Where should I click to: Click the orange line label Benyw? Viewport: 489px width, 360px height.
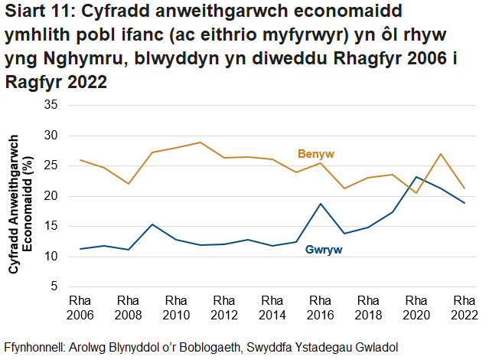(316, 155)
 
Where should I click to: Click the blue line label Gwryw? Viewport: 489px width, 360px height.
(323, 250)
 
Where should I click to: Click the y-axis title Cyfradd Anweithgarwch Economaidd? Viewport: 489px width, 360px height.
(21, 196)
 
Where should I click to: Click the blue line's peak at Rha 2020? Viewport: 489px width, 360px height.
(416, 177)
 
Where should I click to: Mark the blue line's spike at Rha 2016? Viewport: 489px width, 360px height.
(321, 204)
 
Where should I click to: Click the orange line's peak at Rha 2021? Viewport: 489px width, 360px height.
(440, 154)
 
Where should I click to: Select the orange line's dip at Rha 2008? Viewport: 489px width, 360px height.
(129, 184)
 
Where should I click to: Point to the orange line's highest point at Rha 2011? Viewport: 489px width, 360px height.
(200, 142)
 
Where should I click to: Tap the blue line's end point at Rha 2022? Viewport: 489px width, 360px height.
(464, 203)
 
